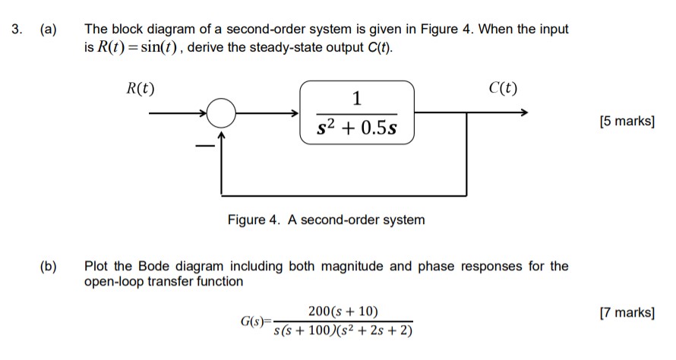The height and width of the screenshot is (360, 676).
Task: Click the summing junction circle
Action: pyautogui.click(x=221, y=114)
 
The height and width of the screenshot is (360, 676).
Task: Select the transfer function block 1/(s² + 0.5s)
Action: pyautogui.click(x=357, y=113)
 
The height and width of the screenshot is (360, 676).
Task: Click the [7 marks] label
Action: pyautogui.click(x=627, y=312)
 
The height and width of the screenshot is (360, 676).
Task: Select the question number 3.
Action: pyautogui.click(x=16, y=30)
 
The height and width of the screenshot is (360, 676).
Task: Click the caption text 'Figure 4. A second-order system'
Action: pyautogui.click(x=326, y=220)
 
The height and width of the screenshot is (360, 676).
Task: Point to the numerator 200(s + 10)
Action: pyautogui.click(x=343, y=311)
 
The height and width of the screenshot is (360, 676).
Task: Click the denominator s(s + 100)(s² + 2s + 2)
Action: pyautogui.click(x=342, y=331)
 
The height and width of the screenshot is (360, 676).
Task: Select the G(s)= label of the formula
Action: pyautogui.click(x=256, y=322)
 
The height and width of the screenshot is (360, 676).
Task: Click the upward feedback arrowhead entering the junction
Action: pyautogui.click(x=222, y=134)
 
